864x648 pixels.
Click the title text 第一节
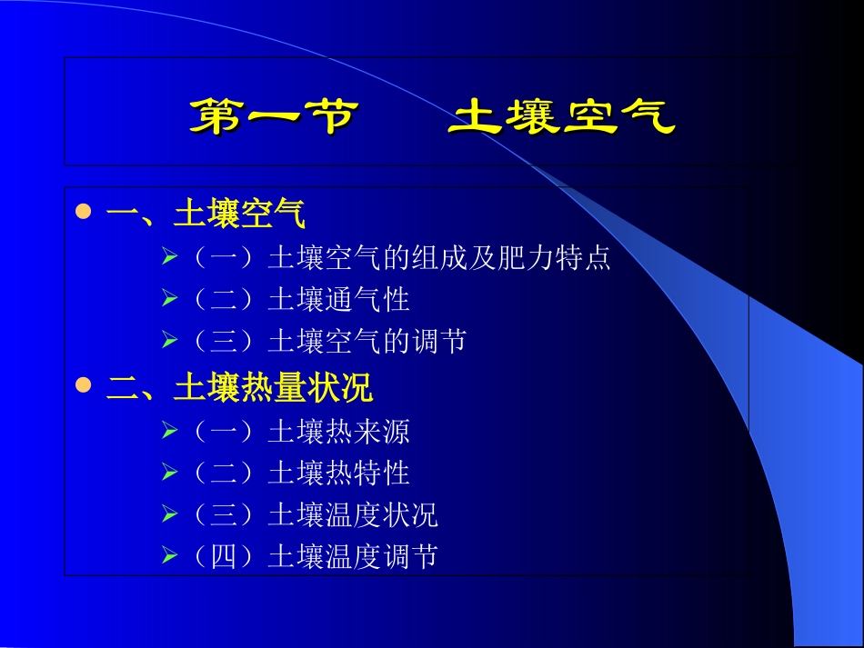pyautogui.click(x=274, y=117)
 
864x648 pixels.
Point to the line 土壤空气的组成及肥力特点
pyautogui.click(x=438, y=258)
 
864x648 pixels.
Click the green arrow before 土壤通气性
pyautogui.click(x=169, y=298)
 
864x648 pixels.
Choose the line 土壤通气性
pyautogui.click(x=338, y=299)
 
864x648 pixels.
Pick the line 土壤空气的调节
pyautogui.click(x=367, y=341)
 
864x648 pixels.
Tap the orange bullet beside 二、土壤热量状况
pyautogui.click(x=84, y=385)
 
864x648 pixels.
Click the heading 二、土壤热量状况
pyautogui.click(x=239, y=388)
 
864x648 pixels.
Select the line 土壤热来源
pyautogui.click(x=338, y=431)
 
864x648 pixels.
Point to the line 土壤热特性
pyautogui.click(x=338, y=473)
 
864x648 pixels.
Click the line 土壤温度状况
pyautogui.click(x=352, y=514)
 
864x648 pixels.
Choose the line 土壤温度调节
pyautogui.click(x=352, y=556)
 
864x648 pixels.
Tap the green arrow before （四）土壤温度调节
pyautogui.click(x=169, y=555)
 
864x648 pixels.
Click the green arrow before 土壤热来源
pyautogui.click(x=169, y=430)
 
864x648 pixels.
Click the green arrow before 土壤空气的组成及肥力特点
pyautogui.click(x=169, y=257)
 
